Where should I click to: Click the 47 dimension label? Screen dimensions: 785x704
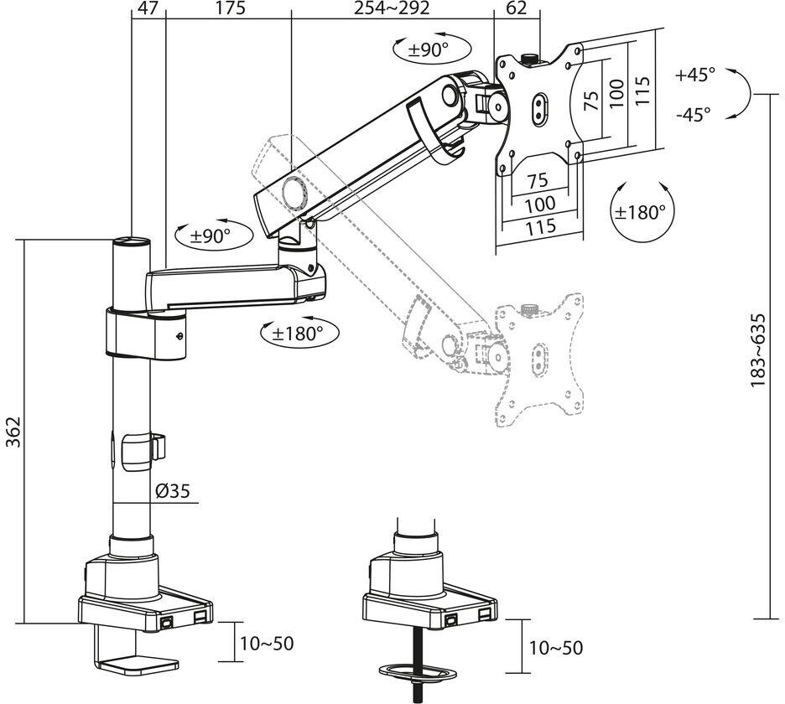pos(148,8)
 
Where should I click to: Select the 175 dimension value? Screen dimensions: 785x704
pos(231,8)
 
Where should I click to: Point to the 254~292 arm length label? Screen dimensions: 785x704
pos(392,8)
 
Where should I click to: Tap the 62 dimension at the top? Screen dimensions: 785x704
pos(516,8)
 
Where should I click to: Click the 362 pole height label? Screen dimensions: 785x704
pos(13,432)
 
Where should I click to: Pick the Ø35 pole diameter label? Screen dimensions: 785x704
pos(173,491)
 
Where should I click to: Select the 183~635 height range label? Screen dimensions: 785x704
pos(757,350)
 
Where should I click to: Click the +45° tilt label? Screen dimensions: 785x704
pos(695,75)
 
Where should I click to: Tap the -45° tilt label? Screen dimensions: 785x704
pos(694,115)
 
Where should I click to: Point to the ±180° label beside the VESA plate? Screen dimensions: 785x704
pos(641,212)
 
